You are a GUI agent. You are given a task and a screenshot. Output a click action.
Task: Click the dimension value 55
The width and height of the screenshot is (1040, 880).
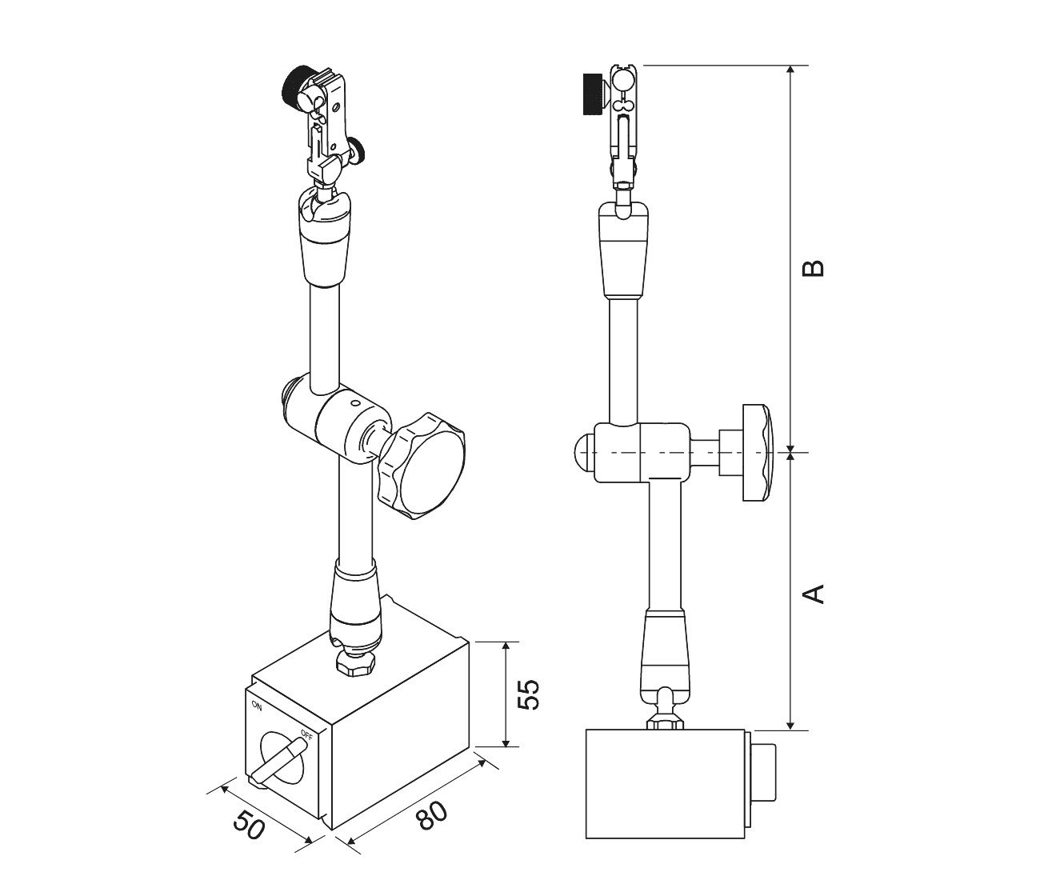[528, 694]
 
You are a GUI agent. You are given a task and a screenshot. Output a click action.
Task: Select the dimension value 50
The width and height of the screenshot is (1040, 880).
[249, 825]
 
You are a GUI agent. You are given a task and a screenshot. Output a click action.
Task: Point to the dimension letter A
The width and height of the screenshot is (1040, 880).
[813, 594]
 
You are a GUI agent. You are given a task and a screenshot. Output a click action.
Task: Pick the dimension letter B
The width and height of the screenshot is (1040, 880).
[813, 268]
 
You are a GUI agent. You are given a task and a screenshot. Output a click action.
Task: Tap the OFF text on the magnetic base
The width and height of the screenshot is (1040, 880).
[306, 734]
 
